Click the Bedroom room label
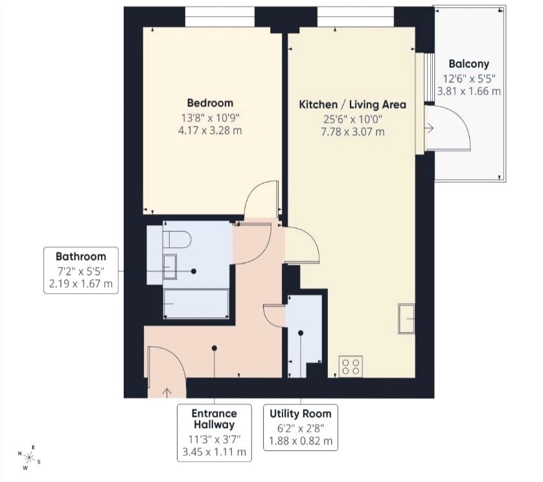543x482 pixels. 210,103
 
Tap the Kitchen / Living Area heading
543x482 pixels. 352,104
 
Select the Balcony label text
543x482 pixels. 469,64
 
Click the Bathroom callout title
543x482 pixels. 81,257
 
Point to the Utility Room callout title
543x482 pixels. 300,414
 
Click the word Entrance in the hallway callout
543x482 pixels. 214,413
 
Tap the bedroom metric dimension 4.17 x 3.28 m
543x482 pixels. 210,131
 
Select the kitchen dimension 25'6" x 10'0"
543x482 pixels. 352,119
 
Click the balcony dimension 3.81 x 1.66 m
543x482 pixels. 469,91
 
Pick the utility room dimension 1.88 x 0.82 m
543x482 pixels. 301,441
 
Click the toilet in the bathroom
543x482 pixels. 177,239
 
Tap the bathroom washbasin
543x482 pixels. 170,267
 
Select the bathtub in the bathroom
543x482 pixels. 196,304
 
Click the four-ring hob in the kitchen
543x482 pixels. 351,367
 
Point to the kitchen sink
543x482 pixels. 406,319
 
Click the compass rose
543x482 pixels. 29,458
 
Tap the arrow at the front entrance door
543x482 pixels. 167,393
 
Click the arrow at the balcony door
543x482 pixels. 429,128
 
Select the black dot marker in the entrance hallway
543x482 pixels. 214,348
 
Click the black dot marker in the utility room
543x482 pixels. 301,333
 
